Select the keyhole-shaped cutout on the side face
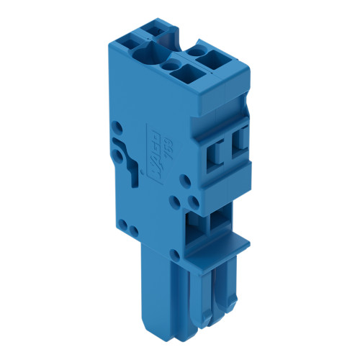click(133, 166)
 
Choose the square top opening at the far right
click(216, 57)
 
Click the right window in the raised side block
click(240, 140)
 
